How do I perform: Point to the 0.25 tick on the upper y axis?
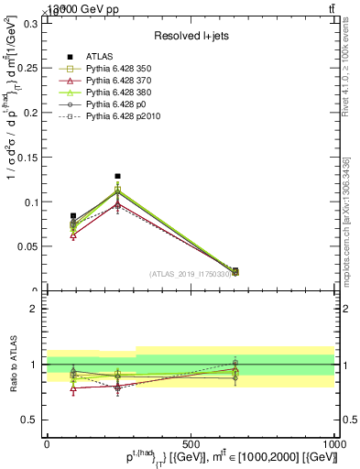click(28, 68)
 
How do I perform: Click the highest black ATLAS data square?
click(117, 176)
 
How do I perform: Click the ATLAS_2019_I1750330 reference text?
click(191, 274)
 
